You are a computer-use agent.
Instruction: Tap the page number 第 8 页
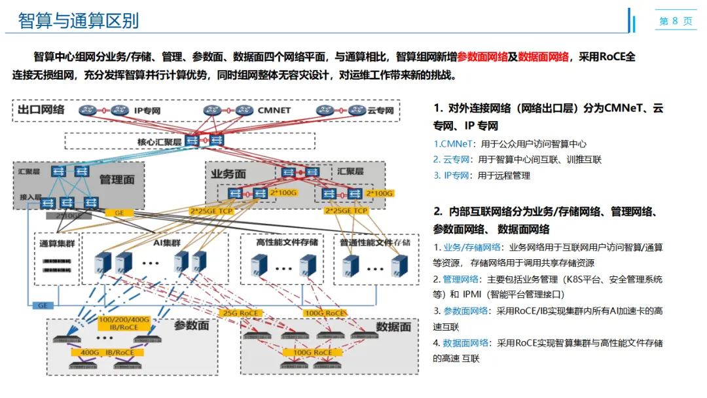pyautogui.click(x=675, y=21)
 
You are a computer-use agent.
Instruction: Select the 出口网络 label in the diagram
pyautogui.click(x=41, y=109)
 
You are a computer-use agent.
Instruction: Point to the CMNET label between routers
pyautogui.click(x=274, y=111)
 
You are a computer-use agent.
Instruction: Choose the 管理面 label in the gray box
pyautogui.click(x=117, y=179)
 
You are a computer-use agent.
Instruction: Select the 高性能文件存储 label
pyautogui.click(x=287, y=242)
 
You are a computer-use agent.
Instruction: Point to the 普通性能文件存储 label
pyautogui.click(x=375, y=242)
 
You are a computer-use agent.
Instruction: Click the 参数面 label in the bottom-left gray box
pyautogui.click(x=191, y=325)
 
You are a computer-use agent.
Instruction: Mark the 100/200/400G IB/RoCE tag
pyautogui.click(x=124, y=323)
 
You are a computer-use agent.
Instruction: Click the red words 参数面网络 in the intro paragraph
pyautogui.click(x=482, y=57)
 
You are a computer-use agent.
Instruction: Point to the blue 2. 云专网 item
pyautogui.click(x=452, y=159)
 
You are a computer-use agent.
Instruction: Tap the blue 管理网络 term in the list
pyautogui.click(x=465, y=279)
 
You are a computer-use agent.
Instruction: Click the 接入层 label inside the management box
pyautogui.click(x=30, y=198)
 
